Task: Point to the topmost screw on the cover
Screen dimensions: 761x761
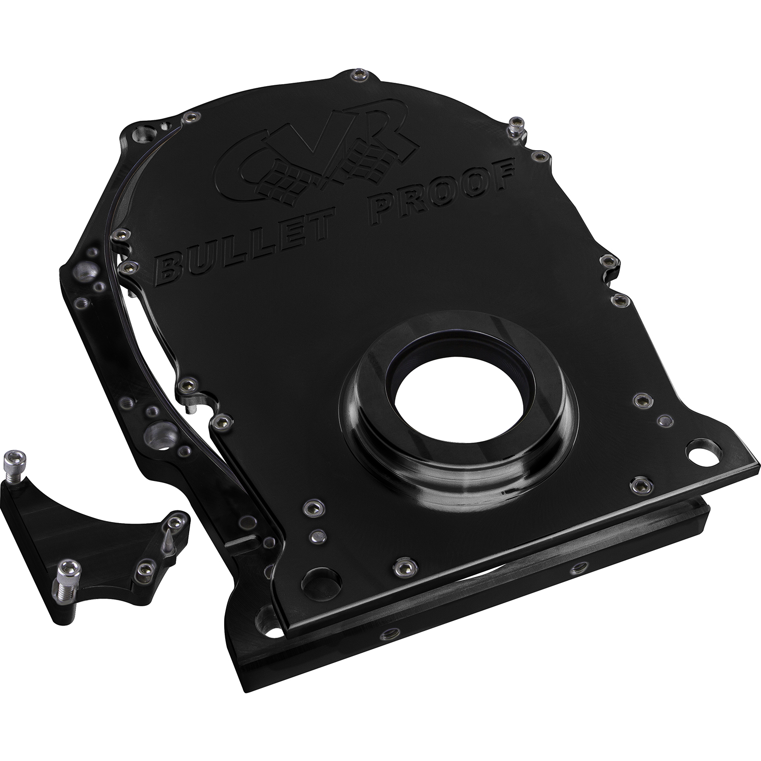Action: click(x=362, y=76)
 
